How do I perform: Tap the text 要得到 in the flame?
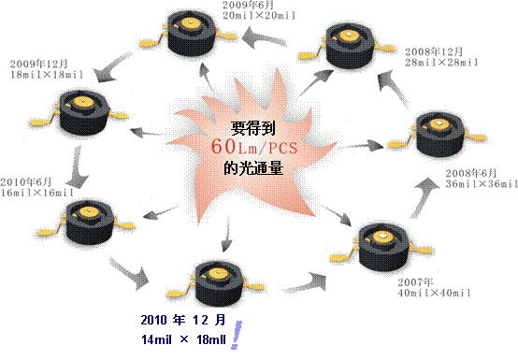pyautogui.click(x=254, y=130)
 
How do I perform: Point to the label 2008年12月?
pyautogui.click(x=428, y=50)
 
